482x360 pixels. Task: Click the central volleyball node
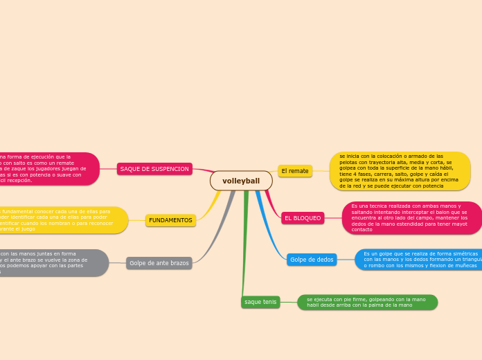[x=241, y=181]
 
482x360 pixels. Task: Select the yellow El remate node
[x=295, y=171]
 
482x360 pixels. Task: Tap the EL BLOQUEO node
[x=303, y=218]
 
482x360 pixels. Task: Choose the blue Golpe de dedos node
[x=312, y=260]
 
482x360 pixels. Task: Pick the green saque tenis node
[x=260, y=302]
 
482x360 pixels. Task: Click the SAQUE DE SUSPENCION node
[x=154, y=169]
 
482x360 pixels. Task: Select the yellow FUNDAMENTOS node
[x=170, y=220]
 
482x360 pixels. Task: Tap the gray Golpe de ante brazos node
[x=159, y=263]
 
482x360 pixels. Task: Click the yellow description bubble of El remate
[x=400, y=171]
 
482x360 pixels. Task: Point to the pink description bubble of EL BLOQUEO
[x=411, y=218]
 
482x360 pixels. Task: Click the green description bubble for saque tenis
[x=367, y=303]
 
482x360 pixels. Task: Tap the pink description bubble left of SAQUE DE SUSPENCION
[x=48, y=169]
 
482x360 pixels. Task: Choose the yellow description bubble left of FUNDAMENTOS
[x=62, y=220]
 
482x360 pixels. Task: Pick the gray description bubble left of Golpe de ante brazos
[x=52, y=263]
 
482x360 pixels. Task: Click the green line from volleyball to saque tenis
[x=244, y=242]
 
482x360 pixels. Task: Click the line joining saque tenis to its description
[x=289, y=303]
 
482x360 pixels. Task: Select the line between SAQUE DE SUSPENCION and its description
[x=109, y=169]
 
